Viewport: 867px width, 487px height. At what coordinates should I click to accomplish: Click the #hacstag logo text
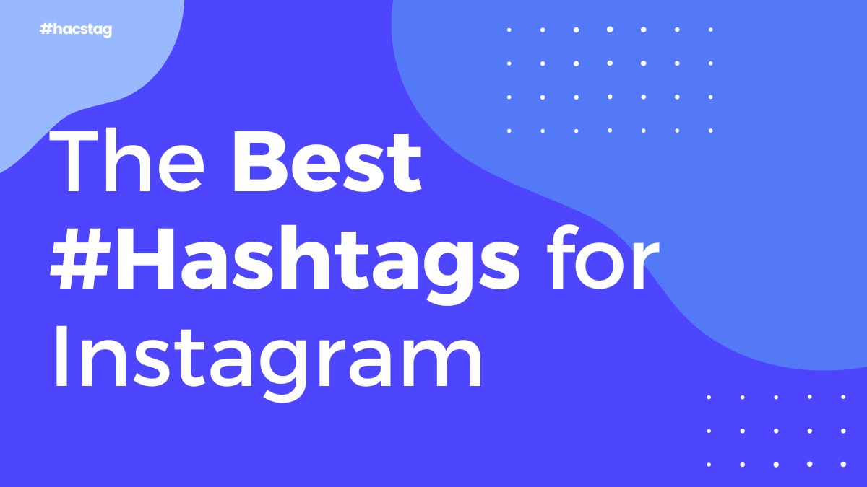pyautogui.click(x=76, y=30)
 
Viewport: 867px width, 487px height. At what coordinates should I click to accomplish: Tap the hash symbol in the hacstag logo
pyautogui.click(x=46, y=29)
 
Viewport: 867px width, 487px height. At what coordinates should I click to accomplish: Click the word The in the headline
pyautogui.click(x=126, y=159)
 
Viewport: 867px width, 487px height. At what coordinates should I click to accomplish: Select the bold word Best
pyautogui.click(x=327, y=161)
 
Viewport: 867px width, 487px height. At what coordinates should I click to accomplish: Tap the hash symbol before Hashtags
pyautogui.click(x=80, y=259)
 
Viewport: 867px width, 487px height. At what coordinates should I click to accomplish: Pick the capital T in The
pyautogui.click(x=73, y=161)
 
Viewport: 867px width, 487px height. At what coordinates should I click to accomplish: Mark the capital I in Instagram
pyautogui.click(x=61, y=356)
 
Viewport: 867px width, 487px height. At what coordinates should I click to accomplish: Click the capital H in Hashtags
pyautogui.click(x=145, y=259)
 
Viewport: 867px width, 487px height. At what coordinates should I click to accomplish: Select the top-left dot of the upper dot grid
pyautogui.click(x=509, y=30)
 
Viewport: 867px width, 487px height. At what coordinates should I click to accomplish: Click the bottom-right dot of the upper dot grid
pyautogui.click(x=711, y=131)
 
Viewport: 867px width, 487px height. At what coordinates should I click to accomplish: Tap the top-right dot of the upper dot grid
pyautogui.click(x=711, y=30)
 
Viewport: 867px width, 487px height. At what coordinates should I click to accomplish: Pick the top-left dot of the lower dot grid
pyautogui.click(x=709, y=398)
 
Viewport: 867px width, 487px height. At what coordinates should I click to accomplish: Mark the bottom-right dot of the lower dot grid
pyautogui.click(x=843, y=464)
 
